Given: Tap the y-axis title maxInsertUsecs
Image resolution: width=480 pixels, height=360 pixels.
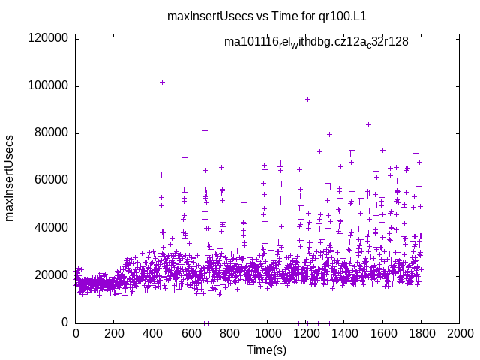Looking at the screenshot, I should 10,178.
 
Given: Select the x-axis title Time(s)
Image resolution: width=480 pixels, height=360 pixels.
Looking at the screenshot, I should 267,349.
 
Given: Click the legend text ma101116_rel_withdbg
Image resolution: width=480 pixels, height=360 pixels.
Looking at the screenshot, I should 316,42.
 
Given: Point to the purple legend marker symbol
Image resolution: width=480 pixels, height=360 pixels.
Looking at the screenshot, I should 430,43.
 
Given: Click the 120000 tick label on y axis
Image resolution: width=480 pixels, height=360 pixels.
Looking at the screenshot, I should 49,38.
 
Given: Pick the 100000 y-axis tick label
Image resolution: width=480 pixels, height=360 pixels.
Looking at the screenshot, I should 49,85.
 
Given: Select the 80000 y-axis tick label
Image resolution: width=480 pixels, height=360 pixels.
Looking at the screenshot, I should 52,133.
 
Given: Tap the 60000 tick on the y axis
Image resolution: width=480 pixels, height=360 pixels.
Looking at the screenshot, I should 52,180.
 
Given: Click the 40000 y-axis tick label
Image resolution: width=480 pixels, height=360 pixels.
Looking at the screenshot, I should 52,228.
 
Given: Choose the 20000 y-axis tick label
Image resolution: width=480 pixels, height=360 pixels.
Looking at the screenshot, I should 52,275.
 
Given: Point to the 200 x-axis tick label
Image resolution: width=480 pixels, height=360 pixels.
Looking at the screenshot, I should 114,333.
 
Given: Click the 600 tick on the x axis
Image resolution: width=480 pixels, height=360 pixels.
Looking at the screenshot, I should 190,333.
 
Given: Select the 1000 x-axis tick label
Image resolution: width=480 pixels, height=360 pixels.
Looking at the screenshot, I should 267,333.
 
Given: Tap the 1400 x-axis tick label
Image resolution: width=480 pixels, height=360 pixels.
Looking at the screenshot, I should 344,333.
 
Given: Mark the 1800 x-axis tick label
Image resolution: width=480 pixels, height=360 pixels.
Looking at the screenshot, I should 421,333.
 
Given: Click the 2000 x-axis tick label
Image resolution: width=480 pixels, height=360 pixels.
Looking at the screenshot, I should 459,333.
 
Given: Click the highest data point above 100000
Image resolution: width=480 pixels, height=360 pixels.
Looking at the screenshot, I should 162,82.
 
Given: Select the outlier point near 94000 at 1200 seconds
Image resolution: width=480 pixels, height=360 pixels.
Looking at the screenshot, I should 307,99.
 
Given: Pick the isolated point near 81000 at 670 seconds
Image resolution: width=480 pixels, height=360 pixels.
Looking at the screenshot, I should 205,130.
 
